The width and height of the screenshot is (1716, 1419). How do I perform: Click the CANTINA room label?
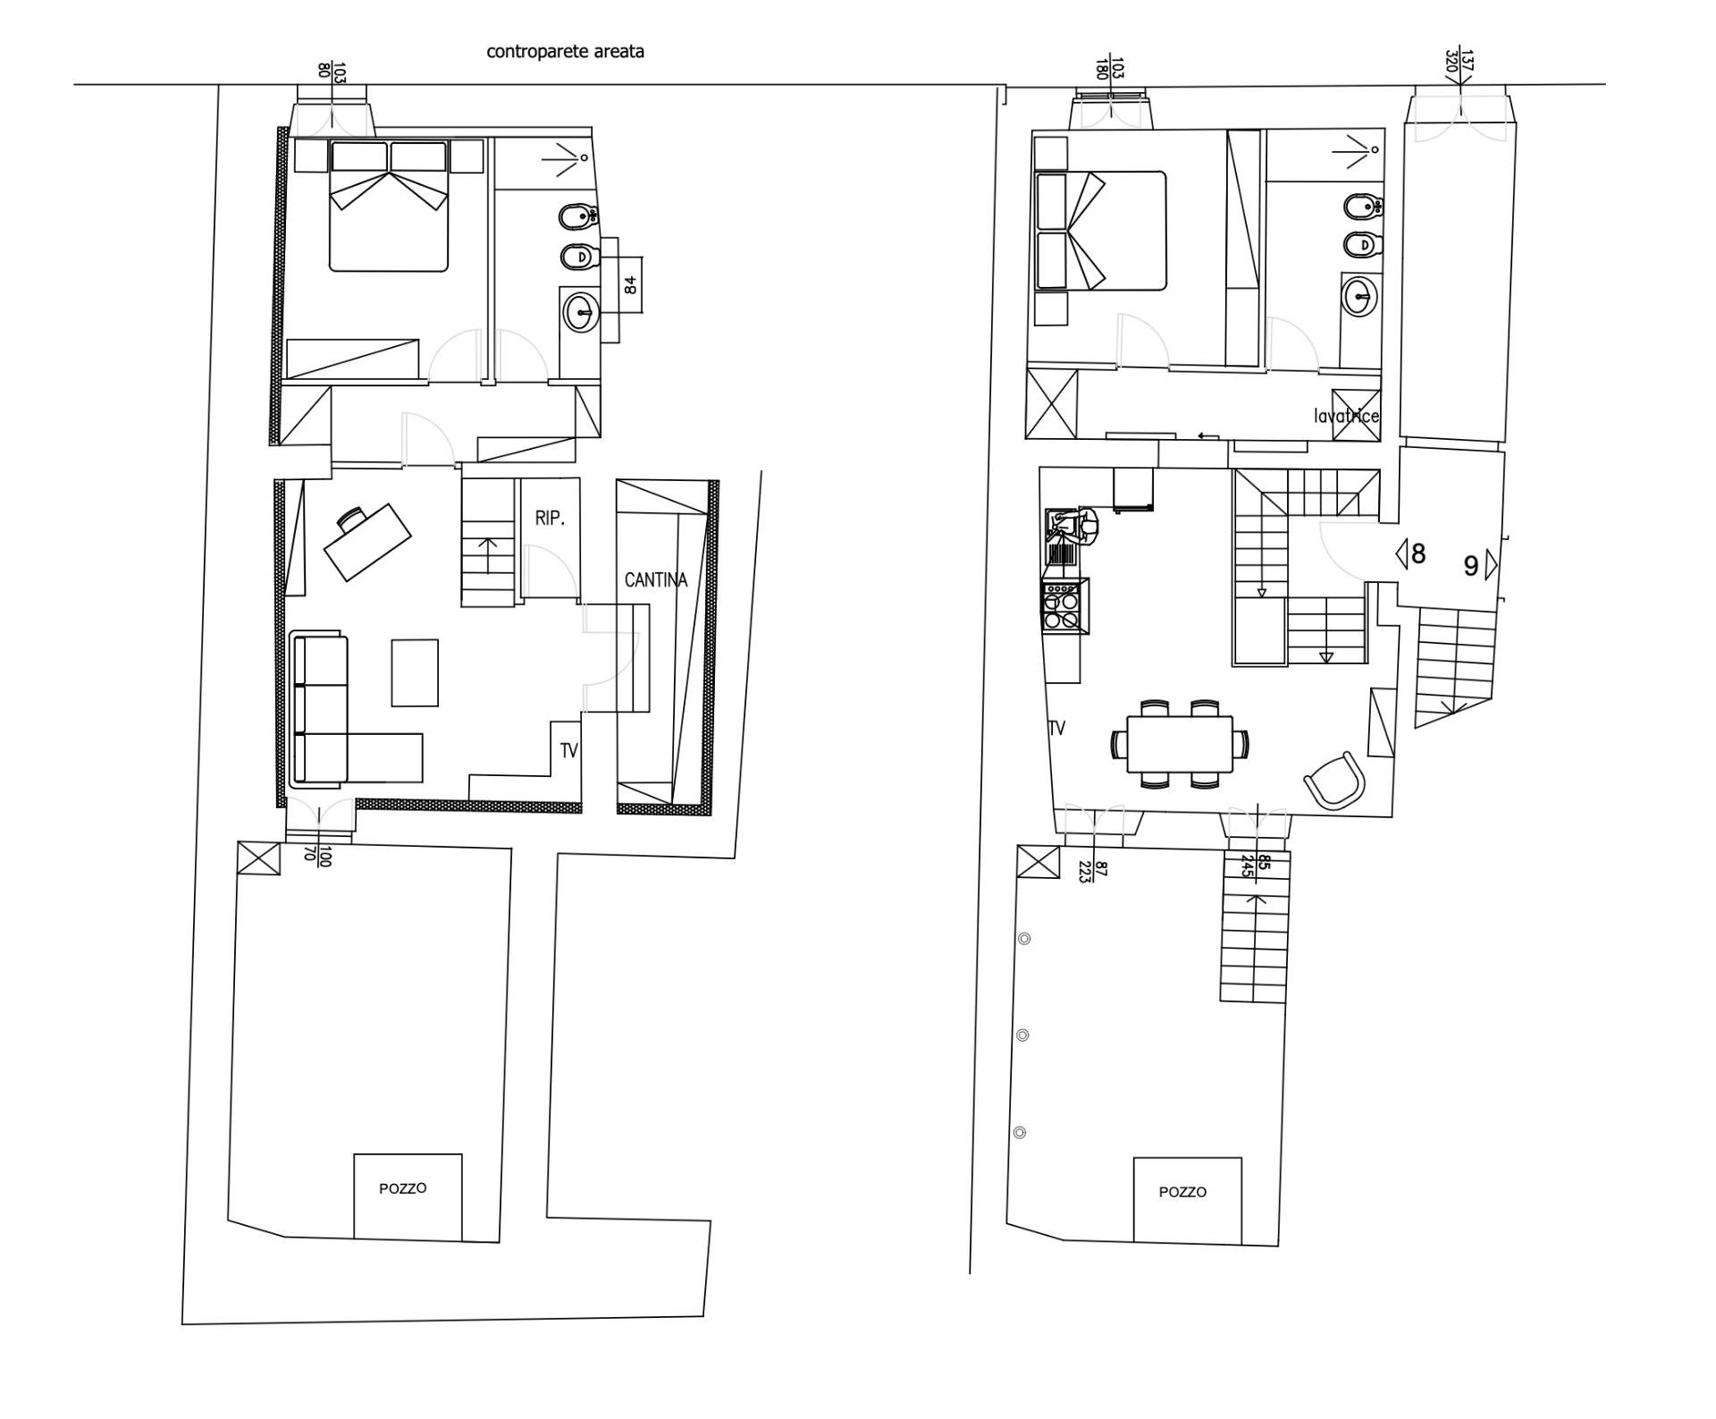tap(656, 580)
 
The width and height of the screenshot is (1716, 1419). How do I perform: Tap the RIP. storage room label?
tap(550, 518)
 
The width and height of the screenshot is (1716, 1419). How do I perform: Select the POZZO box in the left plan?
tap(408, 1196)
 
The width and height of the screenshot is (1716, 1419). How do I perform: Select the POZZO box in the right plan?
tap(1187, 1200)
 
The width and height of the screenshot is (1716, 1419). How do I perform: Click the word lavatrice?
tap(1346, 416)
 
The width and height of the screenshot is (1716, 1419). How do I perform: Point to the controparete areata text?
tap(565, 51)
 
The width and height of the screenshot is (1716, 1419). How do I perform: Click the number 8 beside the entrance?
tap(1418, 553)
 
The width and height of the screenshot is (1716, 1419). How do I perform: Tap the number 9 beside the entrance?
tap(1470, 566)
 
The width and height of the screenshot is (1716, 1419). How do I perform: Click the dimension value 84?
tap(630, 285)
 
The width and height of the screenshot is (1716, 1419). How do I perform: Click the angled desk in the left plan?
tap(367, 541)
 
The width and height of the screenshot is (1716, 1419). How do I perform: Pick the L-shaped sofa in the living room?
tap(356, 710)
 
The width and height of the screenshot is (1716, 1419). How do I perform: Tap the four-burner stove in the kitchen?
tap(1064, 606)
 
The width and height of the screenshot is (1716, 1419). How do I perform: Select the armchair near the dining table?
tap(1334, 780)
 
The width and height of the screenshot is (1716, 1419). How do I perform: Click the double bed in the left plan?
tap(389, 205)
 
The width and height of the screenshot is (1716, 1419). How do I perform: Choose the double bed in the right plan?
tap(1101, 231)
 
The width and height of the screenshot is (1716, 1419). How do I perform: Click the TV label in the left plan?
tap(569, 751)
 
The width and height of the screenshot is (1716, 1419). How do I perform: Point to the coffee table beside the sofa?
tap(415, 672)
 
